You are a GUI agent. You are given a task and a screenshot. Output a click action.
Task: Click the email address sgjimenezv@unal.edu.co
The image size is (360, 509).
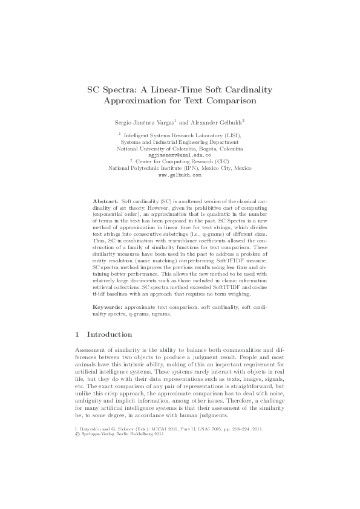pos(180,155)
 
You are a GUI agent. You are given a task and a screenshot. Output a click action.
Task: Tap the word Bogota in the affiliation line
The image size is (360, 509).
pos(192,149)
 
